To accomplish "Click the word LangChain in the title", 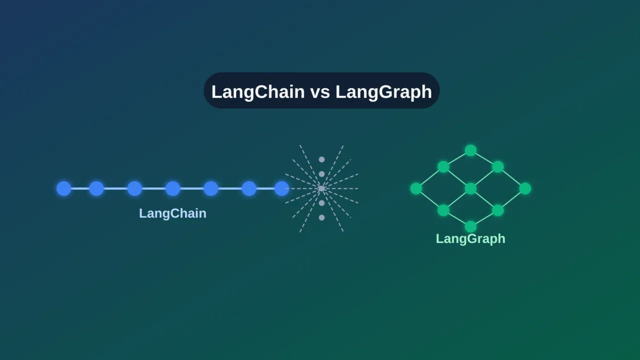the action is (x=258, y=91).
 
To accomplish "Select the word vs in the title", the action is (x=320, y=92).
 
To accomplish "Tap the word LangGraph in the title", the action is (x=383, y=92).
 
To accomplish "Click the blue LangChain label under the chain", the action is (x=173, y=213).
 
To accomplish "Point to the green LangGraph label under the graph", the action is (x=470, y=239).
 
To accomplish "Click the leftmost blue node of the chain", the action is (x=64, y=188).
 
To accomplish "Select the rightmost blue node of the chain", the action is (x=282, y=188).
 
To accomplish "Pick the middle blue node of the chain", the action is (x=173, y=188).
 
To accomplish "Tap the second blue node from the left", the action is (x=96, y=188).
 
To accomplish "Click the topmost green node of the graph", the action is (x=470, y=150).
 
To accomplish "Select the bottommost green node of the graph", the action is (x=470, y=226).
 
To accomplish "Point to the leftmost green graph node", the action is (x=416, y=188).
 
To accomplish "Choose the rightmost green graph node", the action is (x=525, y=188).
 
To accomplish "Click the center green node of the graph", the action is (x=470, y=188).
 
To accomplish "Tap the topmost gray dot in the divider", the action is (x=322, y=159).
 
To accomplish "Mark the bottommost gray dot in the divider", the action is (x=322, y=217).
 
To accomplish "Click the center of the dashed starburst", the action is (x=322, y=188).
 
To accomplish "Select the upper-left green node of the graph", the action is (x=443, y=166).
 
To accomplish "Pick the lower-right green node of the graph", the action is (x=498, y=210).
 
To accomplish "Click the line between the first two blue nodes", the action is (x=80, y=188).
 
